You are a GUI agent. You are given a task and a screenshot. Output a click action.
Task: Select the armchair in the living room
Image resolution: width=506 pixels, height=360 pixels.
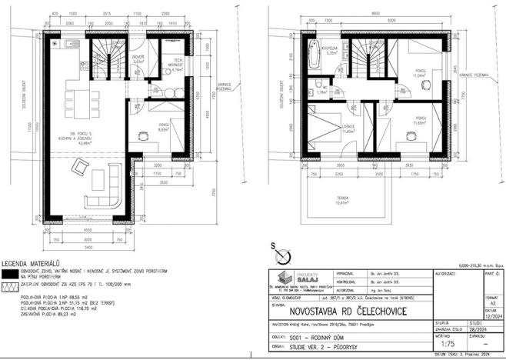click(80, 167)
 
